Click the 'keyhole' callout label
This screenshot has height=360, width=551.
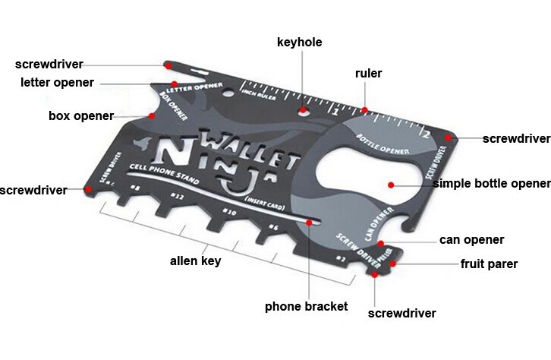(x=299, y=43)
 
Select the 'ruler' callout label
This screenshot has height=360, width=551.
(x=368, y=74)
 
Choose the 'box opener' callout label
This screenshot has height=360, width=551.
(x=80, y=116)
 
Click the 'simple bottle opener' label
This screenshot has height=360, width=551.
(x=491, y=184)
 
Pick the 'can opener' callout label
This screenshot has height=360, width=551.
(x=471, y=240)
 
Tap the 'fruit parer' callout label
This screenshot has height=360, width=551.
(x=489, y=264)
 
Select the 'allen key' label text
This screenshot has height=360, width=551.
(x=195, y=261)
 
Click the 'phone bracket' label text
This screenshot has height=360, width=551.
(x=306, y=307)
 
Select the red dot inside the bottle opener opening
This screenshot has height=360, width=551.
(x=391, y=184)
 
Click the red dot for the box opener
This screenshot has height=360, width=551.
(x=152, y=115)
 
